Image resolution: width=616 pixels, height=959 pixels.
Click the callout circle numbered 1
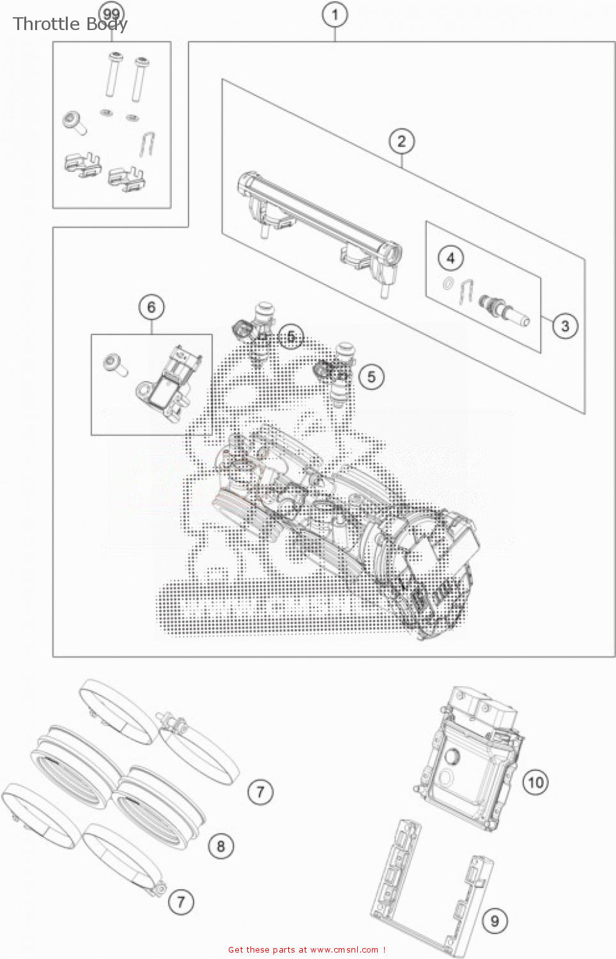pyautogui.click(x=335, y=15)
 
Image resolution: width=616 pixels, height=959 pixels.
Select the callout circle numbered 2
pyautogui.click(x=401, y=141)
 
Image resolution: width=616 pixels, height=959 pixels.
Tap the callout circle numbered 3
pyautogui.click(x=565, y=326)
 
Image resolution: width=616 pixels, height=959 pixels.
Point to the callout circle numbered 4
pyautogui.click(x=450, y=258)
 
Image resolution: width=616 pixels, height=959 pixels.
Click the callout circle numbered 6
pyautogui.click(x=151, y=308)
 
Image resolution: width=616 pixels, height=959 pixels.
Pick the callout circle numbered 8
pyautogui.click(x=221, y=846)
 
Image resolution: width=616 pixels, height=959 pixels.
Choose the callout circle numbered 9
pyautogui.click(x=495, y=921)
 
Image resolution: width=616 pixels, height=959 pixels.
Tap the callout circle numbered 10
pyautogui.click(x=535, y=782)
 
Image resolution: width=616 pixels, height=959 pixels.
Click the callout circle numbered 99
pyautogui.click(x=111, y=14)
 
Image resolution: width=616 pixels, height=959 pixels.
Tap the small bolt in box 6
pyautogui.click(x=116, y=364)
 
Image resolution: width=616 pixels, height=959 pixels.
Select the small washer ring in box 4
pyautogui.click(x=449, y=284)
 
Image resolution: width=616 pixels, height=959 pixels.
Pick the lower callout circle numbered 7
pyautogui.click(x=181, y=901)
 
